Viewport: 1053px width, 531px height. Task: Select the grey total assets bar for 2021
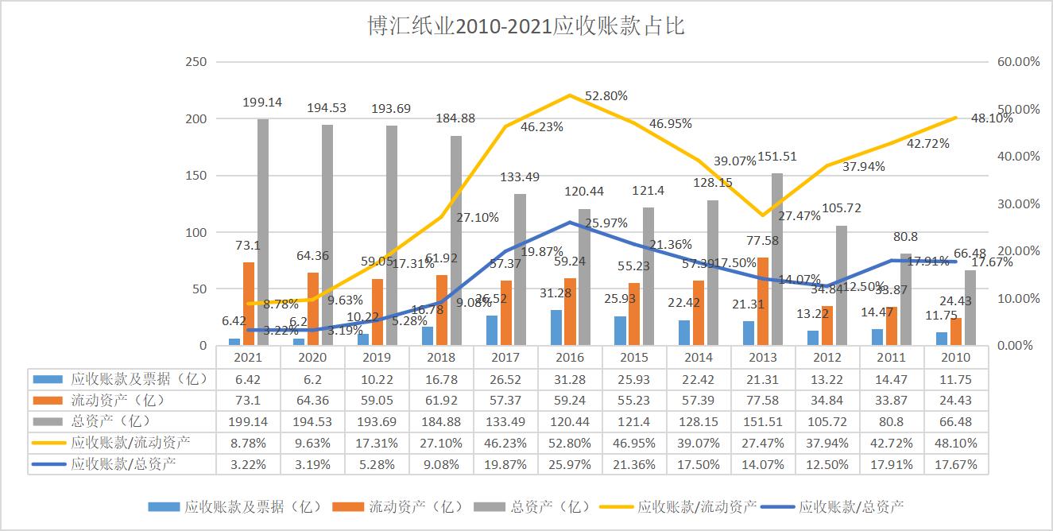click(262, 232)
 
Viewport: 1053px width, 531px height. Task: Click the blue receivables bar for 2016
click(556, 328)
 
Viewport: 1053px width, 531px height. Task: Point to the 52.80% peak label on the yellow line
click(606, 96)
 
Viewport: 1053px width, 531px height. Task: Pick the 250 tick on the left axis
click(195, 62)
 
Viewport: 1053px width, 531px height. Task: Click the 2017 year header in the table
click(505, 358)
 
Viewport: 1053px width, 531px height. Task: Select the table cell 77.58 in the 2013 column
click(763, 401)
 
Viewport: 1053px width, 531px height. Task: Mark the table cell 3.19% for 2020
click(312, 465)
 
